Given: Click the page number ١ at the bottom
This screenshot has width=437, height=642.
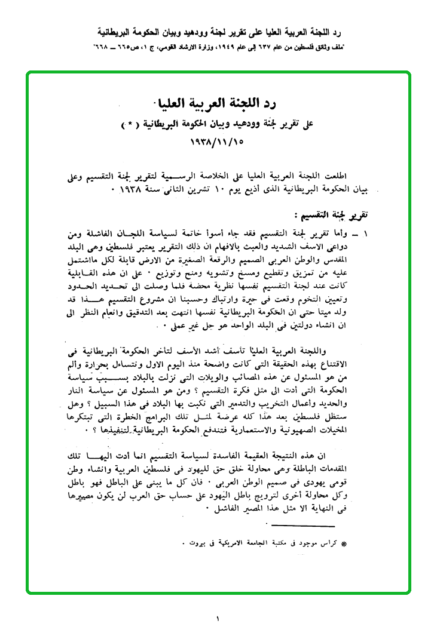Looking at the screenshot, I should point(218,619).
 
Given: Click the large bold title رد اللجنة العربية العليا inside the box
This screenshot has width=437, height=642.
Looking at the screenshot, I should point(219,103).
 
